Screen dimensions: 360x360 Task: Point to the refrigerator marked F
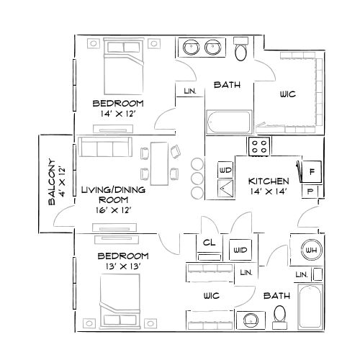312,172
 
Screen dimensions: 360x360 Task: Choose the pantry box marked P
310,192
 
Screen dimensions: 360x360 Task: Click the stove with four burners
259,146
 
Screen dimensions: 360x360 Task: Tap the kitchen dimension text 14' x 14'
269,192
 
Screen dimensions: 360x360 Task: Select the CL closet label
209,243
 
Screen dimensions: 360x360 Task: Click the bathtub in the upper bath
229,122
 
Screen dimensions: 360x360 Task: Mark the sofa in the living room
105,149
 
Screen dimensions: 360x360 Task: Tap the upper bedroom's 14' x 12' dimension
118,113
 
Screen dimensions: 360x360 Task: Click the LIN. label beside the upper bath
190,91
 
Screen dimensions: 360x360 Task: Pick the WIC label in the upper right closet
287,94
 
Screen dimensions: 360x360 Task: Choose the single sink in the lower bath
251,318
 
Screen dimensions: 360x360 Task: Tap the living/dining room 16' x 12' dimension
113,210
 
